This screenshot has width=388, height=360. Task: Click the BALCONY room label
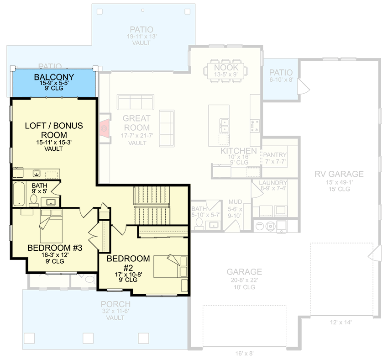tap(54, 76)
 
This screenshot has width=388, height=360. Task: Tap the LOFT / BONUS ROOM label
tap(53, 130)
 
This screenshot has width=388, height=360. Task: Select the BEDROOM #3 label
tap(54, 248)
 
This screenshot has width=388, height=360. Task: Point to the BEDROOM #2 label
tap(128, 263)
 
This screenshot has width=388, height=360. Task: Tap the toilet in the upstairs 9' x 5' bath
tap(34, 200)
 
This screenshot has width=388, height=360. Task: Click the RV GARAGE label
tap(339, 174)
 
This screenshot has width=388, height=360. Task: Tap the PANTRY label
tap(275, 155)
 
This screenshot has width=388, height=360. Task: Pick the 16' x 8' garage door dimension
tap(244, 353)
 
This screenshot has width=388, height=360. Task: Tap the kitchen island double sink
tap(224, 122)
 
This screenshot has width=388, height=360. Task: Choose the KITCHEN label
tap(238, 151)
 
